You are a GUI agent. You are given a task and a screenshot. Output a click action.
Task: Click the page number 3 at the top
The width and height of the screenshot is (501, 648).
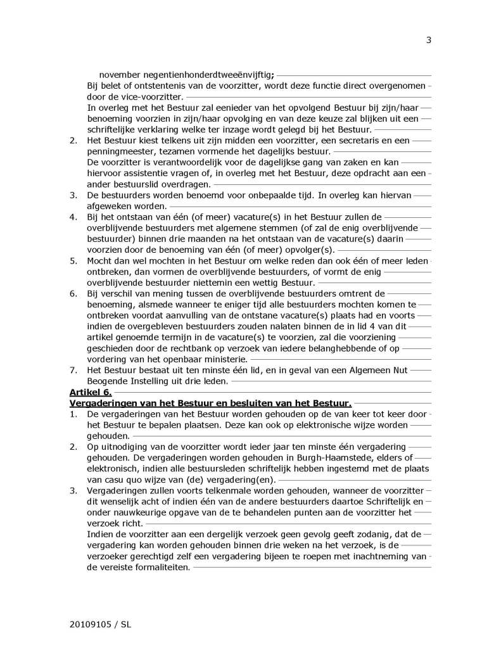(428, 41)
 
